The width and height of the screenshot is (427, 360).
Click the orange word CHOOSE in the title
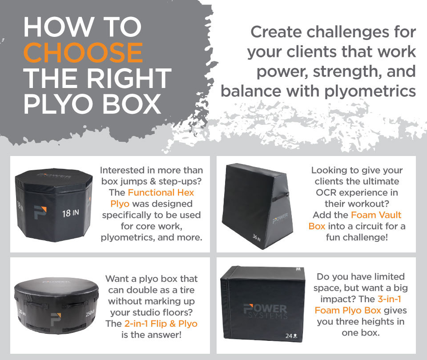(83, 53)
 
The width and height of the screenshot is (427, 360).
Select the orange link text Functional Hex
(161, 192)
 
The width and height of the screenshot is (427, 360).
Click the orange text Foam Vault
(376, 215)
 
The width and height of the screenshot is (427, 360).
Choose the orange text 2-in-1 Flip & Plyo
(161, 324)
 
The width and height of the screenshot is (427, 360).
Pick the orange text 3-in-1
(390, 299)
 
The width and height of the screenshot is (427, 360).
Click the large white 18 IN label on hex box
(71, 213)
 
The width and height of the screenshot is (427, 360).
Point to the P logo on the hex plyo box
(40, 212)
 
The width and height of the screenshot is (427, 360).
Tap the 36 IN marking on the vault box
(257, 237)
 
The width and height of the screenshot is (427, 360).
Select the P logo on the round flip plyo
(56, 319)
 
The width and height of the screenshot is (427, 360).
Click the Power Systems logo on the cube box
(265, 311)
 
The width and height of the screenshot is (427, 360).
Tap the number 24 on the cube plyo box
(289, 336)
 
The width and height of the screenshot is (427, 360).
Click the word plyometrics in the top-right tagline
(370, 92)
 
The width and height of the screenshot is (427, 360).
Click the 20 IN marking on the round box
(22, 312)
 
